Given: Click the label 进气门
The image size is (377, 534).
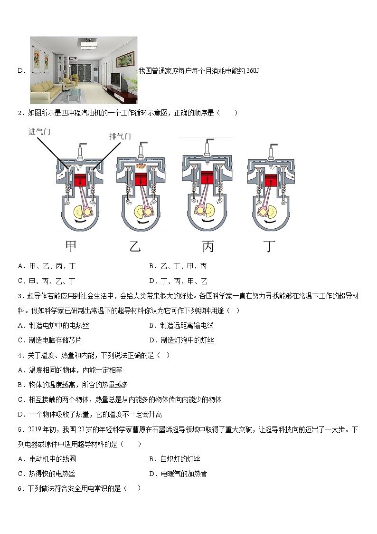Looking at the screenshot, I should [x=39, y=132].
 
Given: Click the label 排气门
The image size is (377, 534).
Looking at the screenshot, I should [x=120, y=136].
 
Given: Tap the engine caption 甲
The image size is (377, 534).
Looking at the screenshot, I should [x=71, y=246].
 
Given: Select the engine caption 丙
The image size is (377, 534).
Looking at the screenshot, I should [x=208, y=246].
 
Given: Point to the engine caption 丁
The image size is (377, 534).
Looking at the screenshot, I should [x=269, y=246].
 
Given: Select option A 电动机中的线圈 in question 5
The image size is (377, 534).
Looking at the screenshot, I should [x=47, y=459].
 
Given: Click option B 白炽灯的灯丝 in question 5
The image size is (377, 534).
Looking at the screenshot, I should [x=175, y=459].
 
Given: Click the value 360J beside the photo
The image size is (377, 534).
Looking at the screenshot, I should [x=253, y=71].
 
